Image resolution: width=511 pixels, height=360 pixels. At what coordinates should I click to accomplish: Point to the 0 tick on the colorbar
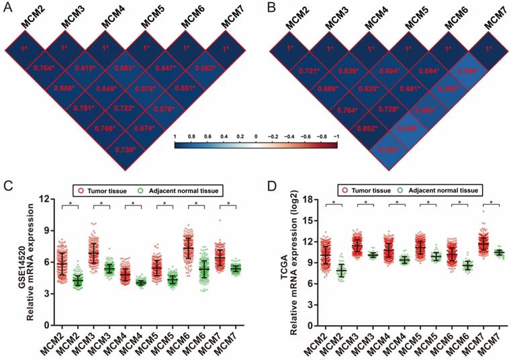[x=256, y=136]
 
